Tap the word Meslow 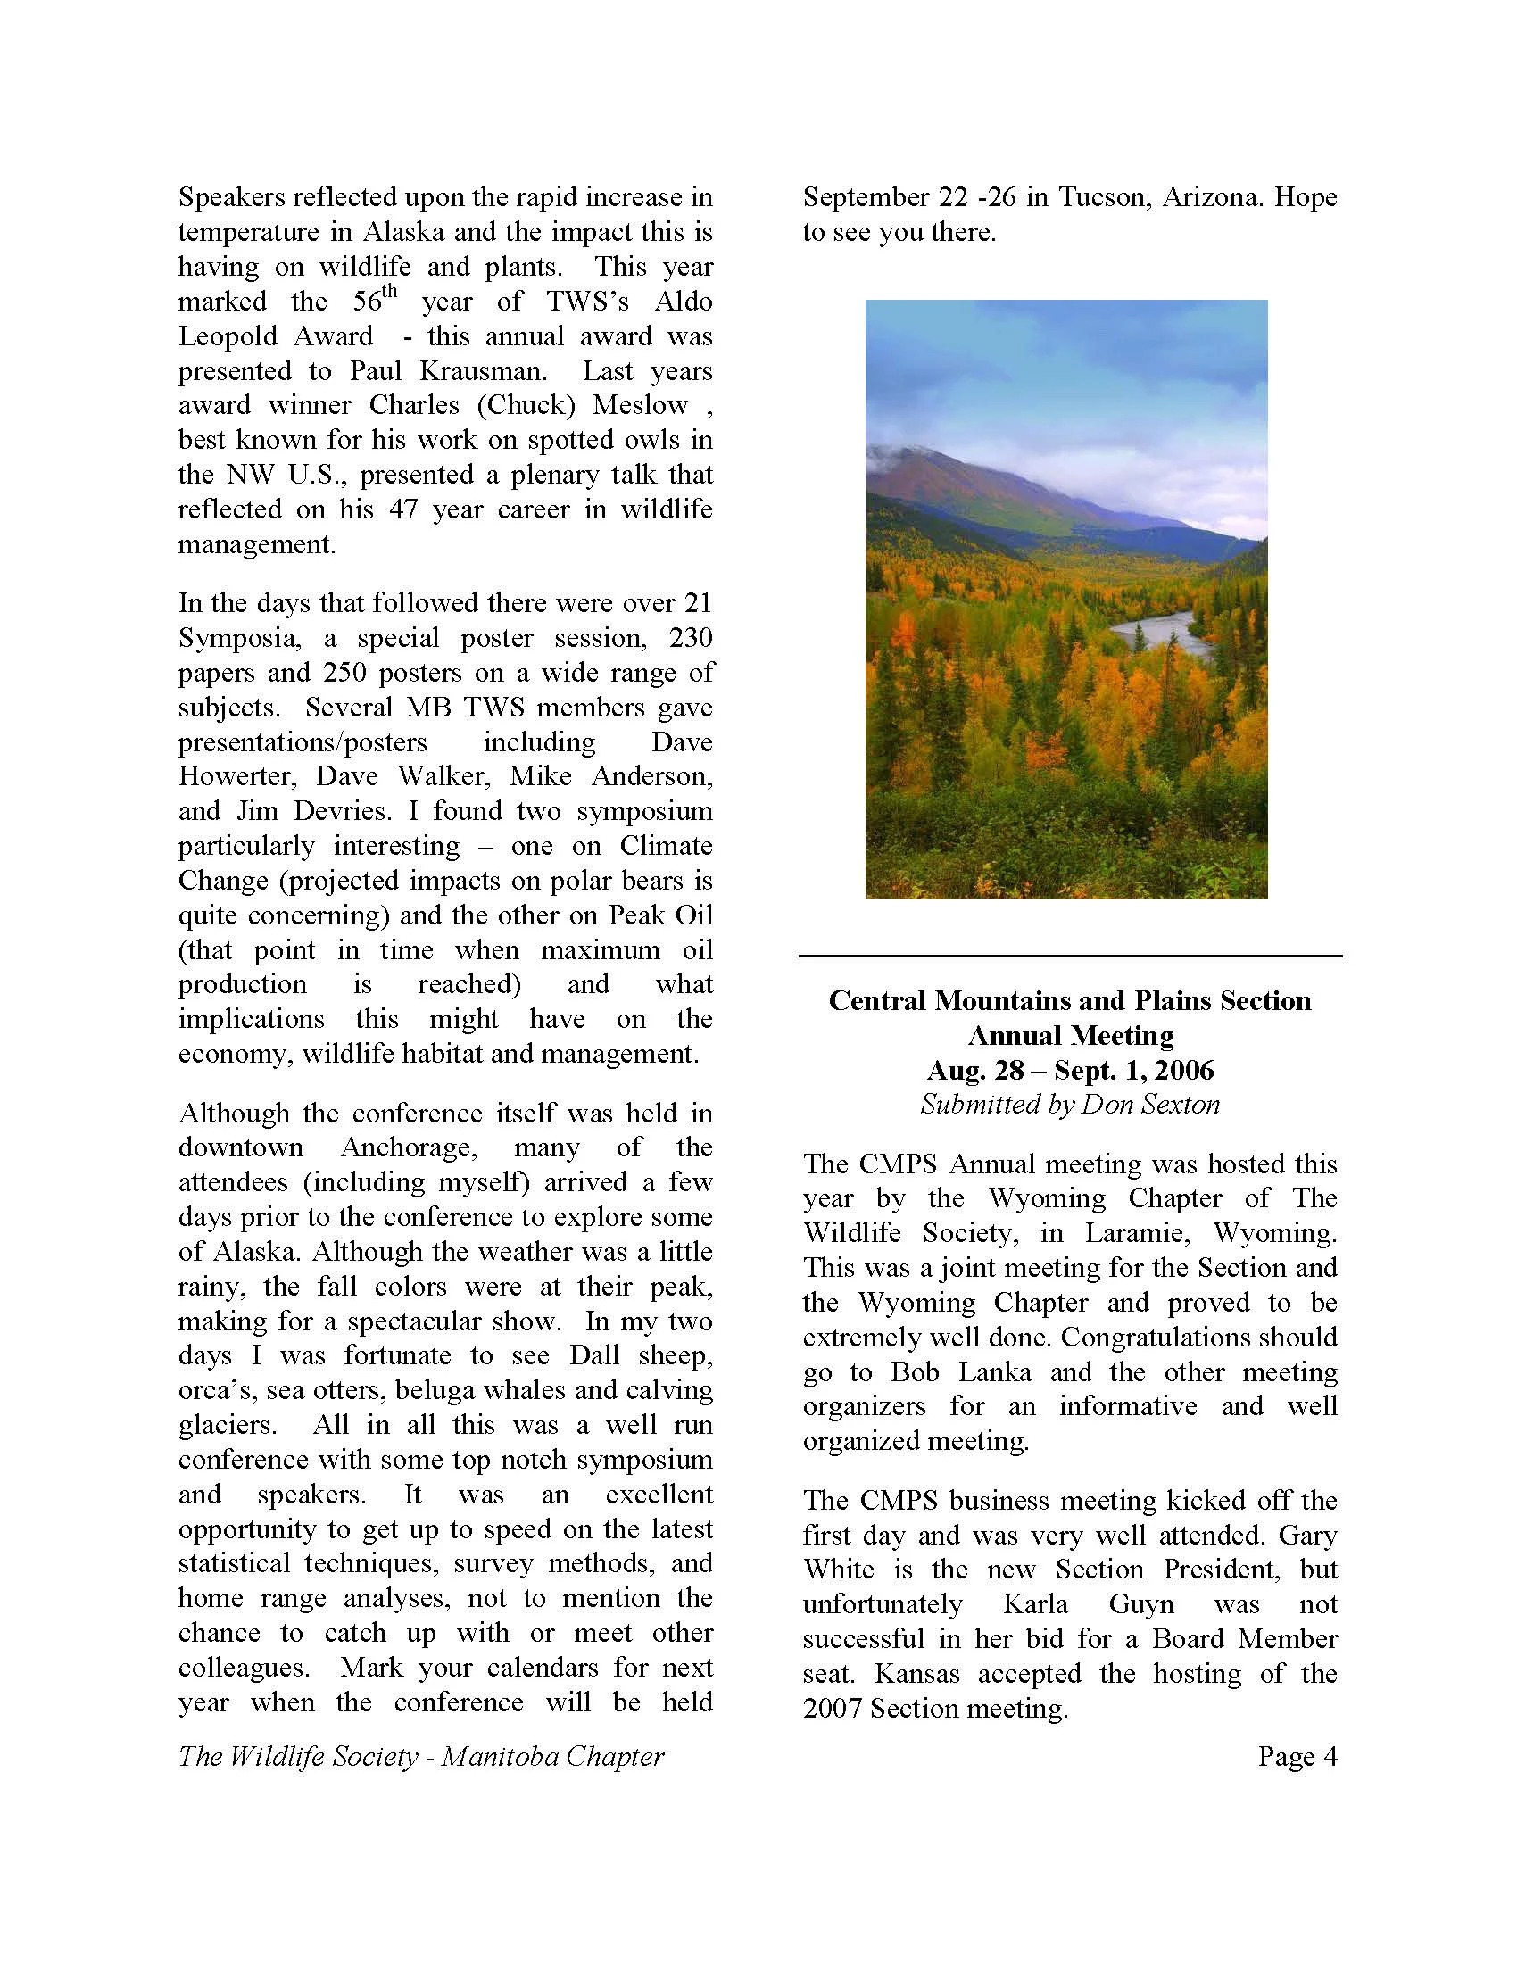pyautogui.click(x=640, y=404)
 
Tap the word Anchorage pyautogui.click(x=411, y=1147)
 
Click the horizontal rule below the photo pyautogui.click(x=1069, y=956)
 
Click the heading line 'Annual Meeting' pyautogui.click(x=1069, y=1035)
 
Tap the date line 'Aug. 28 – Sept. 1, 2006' pyautogui.click(x=1069, y=1071)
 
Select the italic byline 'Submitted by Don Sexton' pyautogui.click(x=1069, y=1105)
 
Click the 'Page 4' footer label pyautogui.click(x=1297, y=1756)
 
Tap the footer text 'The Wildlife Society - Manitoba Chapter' pyautogui.click(x=420, y=1756)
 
